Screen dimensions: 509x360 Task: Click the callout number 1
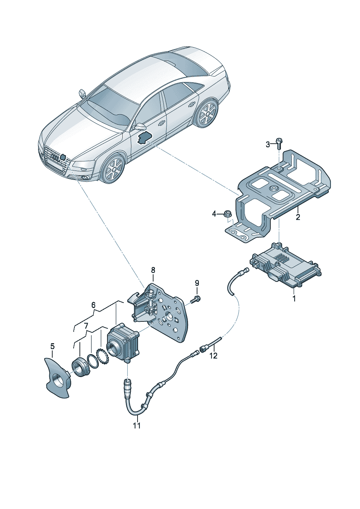coord(294,299)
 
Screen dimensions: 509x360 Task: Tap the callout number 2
coord(298,217)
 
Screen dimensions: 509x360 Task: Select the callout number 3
coord(268,144)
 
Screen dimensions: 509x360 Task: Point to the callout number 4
coord(214,214)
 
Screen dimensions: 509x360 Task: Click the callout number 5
coord(53,346)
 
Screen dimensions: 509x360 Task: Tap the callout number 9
coord(197,283)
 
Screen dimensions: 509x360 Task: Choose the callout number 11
coord(136,426)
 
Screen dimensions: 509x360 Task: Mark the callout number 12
coord(213,356)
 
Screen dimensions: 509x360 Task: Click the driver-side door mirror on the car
coord(139,127)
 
